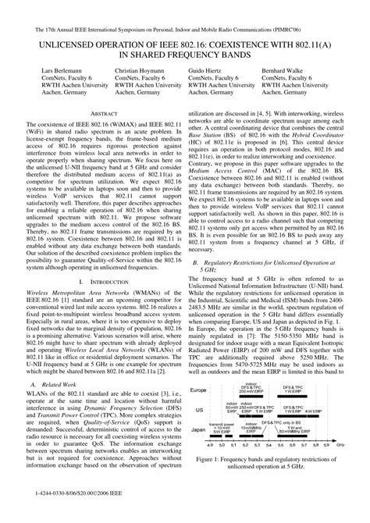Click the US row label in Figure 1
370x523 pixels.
pyautogui.click(x=200, y=430)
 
